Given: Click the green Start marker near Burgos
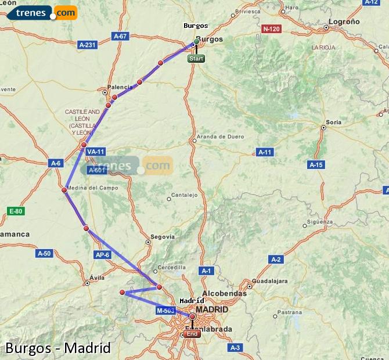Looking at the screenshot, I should tap(196, 59).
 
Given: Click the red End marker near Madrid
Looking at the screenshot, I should tap(192, 333).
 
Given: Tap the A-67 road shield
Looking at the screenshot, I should tap(120, 36).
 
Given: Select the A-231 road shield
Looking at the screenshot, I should tap(88, 44).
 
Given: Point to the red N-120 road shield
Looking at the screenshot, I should tap(271, 28).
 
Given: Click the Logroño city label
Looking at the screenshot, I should tap(344, 21).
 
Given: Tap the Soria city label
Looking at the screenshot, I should tap(334, 122).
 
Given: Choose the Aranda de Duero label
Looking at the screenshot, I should tap(221, 137).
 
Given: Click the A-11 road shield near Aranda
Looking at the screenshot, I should tap(265, 152).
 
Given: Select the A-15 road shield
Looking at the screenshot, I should tap(316, 165).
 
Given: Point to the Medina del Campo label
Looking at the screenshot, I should tap(92, 188).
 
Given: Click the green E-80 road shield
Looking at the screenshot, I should tap(16, 211).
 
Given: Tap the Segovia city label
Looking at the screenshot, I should tap(163, 237).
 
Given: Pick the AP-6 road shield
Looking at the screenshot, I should tap(102, 254).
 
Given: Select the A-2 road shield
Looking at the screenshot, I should tap(275, 259).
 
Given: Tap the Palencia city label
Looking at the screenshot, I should tap(120, 87).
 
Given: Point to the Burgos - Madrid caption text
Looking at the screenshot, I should tap(58, 348).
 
